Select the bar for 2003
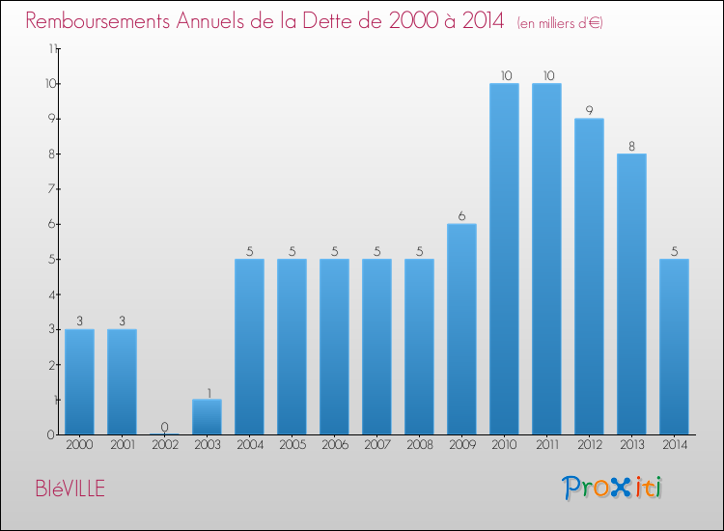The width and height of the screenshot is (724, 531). coord(207,417)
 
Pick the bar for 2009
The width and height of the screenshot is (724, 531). coord(461,329)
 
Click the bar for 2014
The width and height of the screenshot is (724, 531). coord(674,347)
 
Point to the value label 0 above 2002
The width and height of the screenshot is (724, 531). coord(164,427)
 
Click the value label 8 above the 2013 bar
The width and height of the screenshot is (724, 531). coord(631,147)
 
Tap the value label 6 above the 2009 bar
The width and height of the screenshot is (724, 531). coord(461,216)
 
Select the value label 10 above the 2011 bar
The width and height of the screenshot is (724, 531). coord(546,76)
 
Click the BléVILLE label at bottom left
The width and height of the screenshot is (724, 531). coord(67,489)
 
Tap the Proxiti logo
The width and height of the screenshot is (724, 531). coord(614,488)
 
